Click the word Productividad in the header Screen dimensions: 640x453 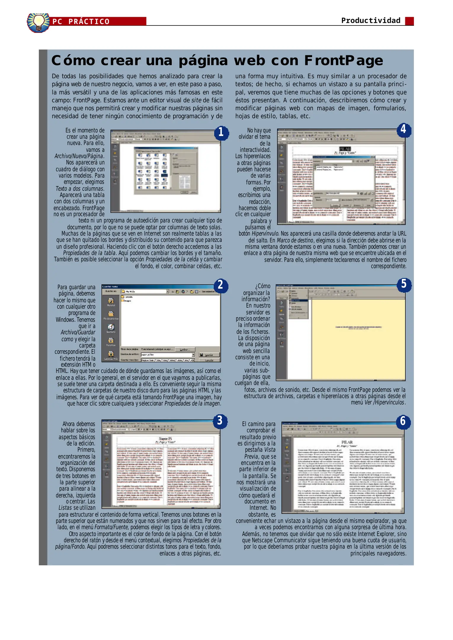[x=370, y=20]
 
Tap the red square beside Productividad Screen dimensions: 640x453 [x=409, y=21]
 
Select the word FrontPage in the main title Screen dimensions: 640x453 [x=343, y=60]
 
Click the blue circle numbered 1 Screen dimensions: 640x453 [x=221, y=132]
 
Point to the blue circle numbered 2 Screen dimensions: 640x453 [x=220, y=285]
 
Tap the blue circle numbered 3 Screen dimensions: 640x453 [x=220, y=420]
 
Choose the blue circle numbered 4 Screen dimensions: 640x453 [x=404, y=129]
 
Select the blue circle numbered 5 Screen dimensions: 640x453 [x=404, y=284]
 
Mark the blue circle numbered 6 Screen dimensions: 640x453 [x=403, y=421]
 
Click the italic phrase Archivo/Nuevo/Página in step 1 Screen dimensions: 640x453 [x=79, y=156]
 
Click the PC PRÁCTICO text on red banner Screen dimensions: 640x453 [x=81, y=22]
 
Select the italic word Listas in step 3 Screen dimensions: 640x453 [x=65, y=508]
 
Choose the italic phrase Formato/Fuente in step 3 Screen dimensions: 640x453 [x=111, y=527]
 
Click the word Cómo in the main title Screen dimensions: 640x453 [x=73, y=60]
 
